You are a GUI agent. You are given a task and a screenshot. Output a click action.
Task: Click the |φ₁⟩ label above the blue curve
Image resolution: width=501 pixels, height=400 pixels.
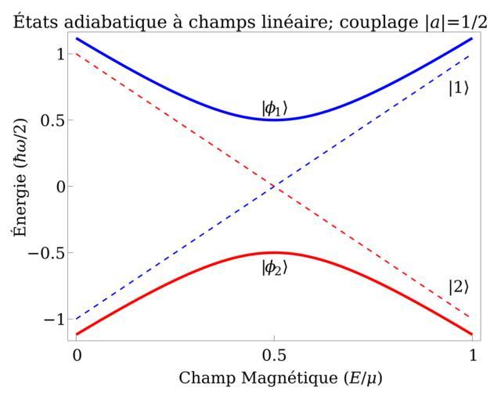[274, 108]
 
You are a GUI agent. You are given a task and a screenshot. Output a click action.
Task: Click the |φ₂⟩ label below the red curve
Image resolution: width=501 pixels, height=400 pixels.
[274, 267]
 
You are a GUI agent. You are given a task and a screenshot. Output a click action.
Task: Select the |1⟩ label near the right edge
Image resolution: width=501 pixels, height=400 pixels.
[458, 88]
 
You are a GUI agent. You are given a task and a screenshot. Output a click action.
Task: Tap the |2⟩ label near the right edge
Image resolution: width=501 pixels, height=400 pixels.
[458, 287]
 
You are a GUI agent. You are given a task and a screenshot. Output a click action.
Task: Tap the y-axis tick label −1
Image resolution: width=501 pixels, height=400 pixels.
[49, 319]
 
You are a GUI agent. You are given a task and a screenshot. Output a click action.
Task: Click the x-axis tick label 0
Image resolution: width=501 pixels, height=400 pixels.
[77, 354]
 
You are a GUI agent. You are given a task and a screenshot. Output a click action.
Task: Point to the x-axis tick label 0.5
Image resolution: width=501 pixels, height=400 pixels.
[274, 354]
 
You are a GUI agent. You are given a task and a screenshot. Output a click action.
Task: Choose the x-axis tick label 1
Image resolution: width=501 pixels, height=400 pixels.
[472, 354]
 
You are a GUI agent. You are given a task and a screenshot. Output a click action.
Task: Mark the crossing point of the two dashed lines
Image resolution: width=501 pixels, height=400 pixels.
[274, 186]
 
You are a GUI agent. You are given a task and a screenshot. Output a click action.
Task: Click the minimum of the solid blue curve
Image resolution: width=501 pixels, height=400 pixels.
[274, 120]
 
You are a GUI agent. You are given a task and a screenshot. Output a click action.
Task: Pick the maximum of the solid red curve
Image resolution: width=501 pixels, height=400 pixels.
[274, 252]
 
